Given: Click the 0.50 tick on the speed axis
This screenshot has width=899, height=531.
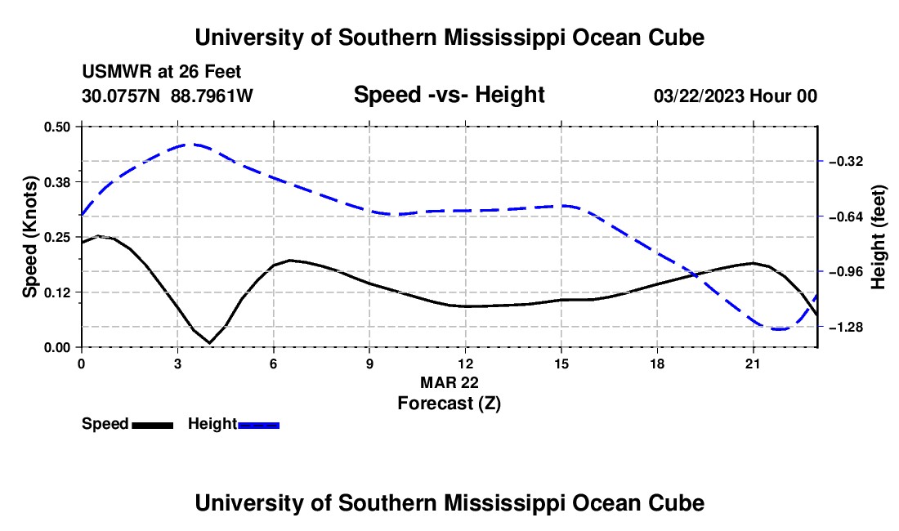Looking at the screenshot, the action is [56, 127].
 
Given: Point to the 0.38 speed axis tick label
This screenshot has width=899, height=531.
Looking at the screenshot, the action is [56, 182].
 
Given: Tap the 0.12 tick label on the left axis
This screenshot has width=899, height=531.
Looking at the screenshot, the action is [56, 292].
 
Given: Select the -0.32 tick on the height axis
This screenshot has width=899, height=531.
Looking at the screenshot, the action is [846, 162].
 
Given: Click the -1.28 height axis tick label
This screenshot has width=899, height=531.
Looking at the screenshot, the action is [846, 327].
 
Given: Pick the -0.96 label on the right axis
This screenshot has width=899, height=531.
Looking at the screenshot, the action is [846, 271].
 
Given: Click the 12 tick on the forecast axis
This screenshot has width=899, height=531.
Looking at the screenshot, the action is [465, 364].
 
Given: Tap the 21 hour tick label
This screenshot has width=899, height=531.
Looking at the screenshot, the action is [752, 364].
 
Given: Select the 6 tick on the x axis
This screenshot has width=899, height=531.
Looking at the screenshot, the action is [274, 364].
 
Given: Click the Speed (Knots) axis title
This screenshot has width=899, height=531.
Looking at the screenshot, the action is [29, 237].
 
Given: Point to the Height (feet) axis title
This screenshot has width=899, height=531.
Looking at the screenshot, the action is [878, 237].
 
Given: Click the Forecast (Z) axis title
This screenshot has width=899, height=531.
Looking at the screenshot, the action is [449, 404].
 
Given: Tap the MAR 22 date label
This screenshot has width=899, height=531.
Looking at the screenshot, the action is [449, 382].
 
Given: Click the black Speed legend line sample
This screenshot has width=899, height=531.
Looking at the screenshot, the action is [153, 426].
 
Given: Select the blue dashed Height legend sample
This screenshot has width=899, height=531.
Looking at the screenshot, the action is [258, 426].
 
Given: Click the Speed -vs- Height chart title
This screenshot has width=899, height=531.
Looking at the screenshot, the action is [449, 95].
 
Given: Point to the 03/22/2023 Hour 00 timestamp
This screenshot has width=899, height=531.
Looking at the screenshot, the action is [736, 96].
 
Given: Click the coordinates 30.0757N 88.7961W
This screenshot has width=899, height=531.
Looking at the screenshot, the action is [168, 96].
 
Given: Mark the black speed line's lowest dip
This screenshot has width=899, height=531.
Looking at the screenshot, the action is [210, 343].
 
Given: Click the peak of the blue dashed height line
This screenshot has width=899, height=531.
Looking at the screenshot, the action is [194, 145].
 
